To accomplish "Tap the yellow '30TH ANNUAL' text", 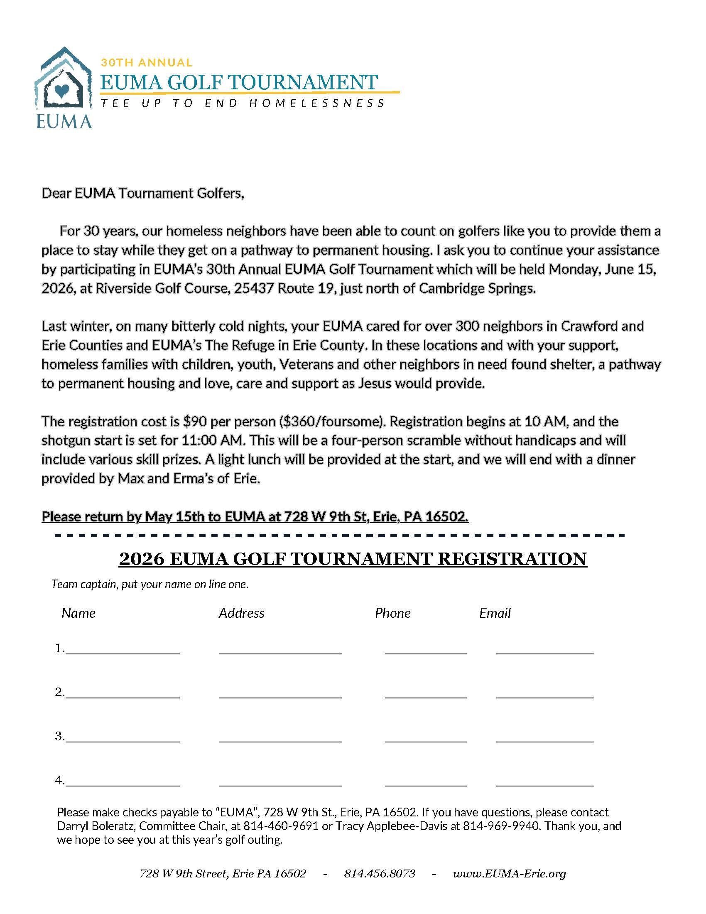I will pos(146,63).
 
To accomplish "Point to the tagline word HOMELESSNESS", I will pos(316,103).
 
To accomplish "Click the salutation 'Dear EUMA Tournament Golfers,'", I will pos(142,193).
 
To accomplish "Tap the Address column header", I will pos(241,613).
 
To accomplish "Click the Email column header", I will pos(495,613).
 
